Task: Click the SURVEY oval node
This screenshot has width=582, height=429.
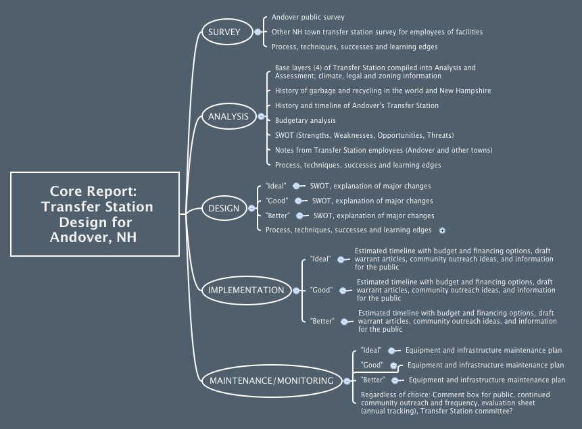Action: (x=224, y=32)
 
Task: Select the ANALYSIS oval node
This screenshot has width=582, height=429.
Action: (x=228, y=116)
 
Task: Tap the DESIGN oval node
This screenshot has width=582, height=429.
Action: (x=224, y=208)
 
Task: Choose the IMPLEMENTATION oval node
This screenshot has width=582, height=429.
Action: (x=246, y=290)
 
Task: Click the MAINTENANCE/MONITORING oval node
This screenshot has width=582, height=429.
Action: (x=271, y=380)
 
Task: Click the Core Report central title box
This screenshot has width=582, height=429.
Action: (x=95, y=213)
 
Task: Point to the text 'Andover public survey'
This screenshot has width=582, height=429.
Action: (x=308, y=17)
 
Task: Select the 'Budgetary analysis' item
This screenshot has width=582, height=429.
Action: (x=305, y=120)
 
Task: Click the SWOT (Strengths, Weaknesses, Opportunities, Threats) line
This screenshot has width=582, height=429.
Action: (x=364, y=135)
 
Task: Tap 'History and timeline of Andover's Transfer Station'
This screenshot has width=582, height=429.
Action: (x=356, y=105)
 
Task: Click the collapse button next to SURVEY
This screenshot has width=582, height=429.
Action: (x=257, y=32)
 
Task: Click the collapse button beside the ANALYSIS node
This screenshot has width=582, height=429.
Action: (x=262, y=116)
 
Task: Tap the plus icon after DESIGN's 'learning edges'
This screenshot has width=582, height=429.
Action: (x=442, y=230)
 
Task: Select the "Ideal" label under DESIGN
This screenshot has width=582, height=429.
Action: (x=276, y=186)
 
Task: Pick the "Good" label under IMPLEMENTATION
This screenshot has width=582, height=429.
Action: (x=321, y=290)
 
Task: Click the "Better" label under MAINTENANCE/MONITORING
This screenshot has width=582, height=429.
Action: (x=372, y=380)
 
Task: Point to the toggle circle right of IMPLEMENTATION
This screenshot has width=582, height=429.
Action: (x=296, y=290)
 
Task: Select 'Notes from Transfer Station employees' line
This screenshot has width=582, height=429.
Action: (x=383, y=150)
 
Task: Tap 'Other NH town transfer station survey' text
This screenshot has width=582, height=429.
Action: (x=377, y=32)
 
